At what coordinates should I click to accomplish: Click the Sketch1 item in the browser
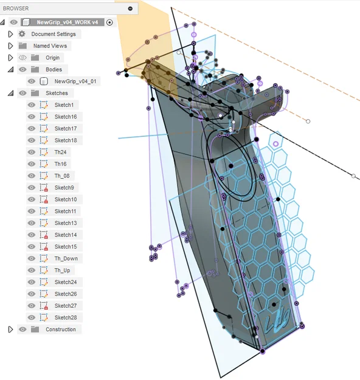(x=63, y=105)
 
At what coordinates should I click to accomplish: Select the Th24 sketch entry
(x=60, y=152)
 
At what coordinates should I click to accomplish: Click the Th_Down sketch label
(x=66, y=258)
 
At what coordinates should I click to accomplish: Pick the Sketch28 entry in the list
(x=65, y=317)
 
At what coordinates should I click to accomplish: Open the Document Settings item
(x=54, y=34)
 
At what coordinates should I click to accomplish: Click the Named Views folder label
(x=50, y=46)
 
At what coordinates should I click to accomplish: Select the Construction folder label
(x=61, y=330)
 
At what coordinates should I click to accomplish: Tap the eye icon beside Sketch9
(x=32, y=187)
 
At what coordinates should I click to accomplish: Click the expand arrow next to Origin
(x=10, y=58)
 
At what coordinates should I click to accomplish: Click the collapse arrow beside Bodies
(x=10, y=69)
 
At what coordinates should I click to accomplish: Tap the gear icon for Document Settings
(x=22, y=34)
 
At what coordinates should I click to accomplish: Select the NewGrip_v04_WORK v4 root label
(x=67, y=22)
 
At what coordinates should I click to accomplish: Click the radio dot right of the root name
(x=109, y=22)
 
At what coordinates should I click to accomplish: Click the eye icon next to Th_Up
(x=32, y=270)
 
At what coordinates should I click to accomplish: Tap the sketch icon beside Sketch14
(x=44, y=235)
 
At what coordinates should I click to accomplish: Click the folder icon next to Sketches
(x=35, y=93)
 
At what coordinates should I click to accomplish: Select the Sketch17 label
(x=65, y=128)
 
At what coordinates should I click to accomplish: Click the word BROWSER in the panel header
(x=16, y=9)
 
